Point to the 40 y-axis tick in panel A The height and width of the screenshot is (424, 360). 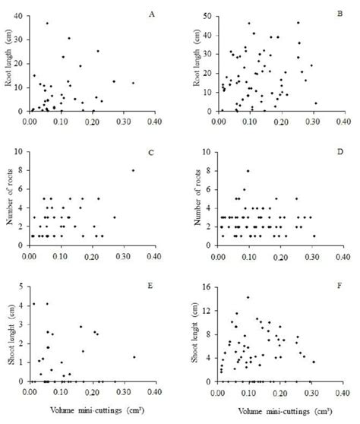coord(22,15)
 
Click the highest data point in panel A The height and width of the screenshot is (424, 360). coord(47,23)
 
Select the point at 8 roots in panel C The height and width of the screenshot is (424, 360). coord(134,170)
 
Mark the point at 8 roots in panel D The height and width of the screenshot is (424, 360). coord(248,171)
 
